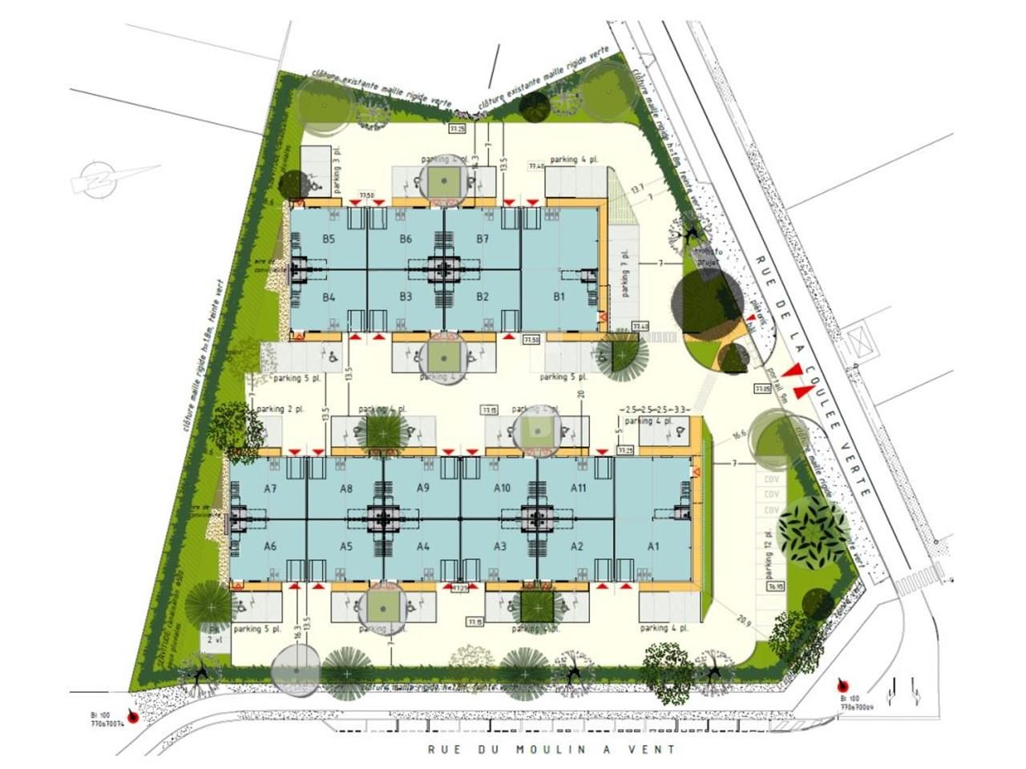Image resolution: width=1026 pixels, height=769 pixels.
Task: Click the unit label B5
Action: [x=329, y=239]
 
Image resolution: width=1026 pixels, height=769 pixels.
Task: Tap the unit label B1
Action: [x=559, y=297]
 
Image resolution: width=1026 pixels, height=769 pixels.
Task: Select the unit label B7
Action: [x=483, y=239]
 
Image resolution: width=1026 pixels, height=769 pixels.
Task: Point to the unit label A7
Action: [x=270, y=488]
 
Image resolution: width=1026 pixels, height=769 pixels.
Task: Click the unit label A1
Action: [x=653, y=546]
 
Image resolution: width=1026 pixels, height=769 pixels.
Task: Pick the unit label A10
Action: [x=502, y=488]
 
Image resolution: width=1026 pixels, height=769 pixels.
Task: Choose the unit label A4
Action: [x=423, y=546]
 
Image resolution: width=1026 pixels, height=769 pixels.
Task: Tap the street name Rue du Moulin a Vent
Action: [x=552, y=750]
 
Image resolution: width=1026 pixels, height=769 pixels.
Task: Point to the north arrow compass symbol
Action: [x=113, y=177]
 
